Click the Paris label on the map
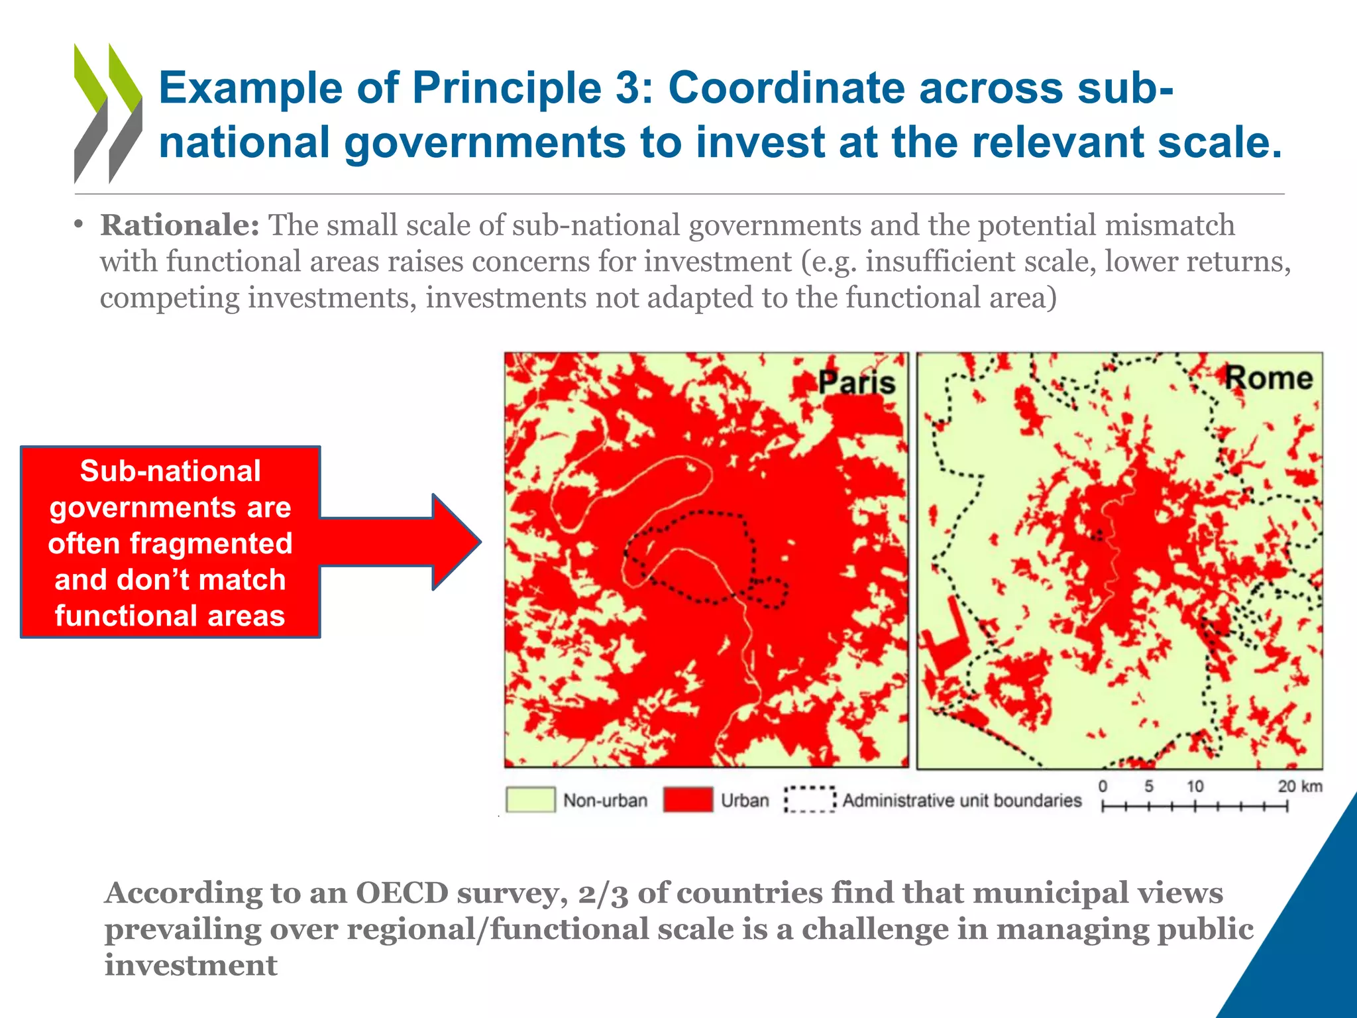[856, 383]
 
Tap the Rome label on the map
[1268, 378]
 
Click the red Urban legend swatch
[688, 799]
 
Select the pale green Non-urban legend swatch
[530, 799]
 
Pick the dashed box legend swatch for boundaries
[810, 799]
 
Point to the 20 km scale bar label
[1300, 787]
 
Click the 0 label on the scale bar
[1103, 787]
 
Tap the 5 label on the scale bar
[1148, 787]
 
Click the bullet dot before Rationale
[79, 225]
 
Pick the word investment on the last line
[191, 965]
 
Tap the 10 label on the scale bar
[1195, 787]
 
